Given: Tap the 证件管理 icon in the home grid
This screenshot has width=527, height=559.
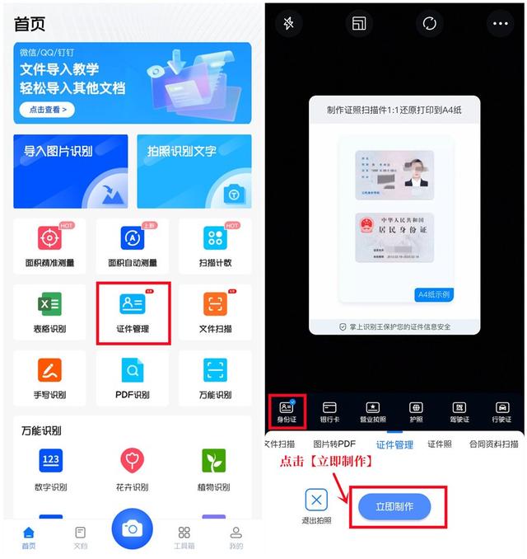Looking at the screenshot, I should (132, 305).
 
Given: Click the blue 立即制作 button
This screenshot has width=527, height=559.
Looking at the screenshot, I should (394, 506).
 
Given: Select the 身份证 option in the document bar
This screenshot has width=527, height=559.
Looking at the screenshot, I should (287, 408).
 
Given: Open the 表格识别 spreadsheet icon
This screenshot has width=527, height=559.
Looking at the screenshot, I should (49, 305).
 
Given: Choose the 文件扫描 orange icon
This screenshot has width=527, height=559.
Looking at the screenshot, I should (215, 305).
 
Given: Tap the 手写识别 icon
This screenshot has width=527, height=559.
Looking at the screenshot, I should (49, 370).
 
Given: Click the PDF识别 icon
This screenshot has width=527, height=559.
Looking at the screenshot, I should (132, 370).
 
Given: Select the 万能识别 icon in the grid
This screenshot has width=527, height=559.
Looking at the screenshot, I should (215, 370).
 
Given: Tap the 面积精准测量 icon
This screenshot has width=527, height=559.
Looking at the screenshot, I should (49, 239).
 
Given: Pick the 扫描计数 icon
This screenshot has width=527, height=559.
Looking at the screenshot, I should (215, 239).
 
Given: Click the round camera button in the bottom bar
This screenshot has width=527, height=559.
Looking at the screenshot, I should (131, 528).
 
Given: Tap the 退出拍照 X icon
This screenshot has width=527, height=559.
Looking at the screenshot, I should (317, 499).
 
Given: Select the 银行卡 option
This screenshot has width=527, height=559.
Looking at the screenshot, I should (329, 408).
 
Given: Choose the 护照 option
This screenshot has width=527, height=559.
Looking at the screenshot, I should (416, 408).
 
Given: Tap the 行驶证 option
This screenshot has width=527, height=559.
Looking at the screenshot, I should (502, 408).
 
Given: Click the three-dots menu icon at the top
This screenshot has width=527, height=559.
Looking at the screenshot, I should (500, 24).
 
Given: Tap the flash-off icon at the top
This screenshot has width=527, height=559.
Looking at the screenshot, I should (288, 24).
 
